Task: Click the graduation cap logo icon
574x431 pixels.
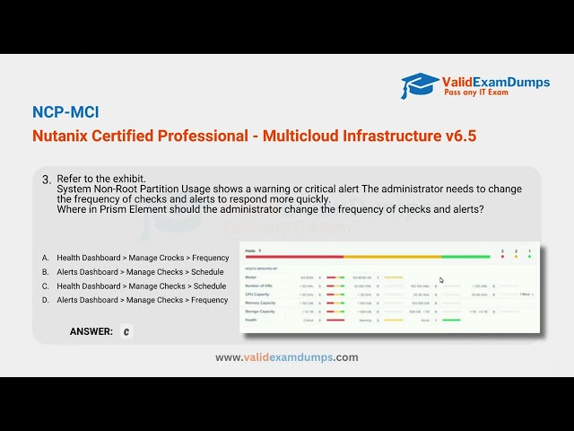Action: (420, 86)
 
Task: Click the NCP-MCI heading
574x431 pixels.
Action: (65, 112)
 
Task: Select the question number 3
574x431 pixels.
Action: (47, 180)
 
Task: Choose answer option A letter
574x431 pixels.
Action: (45, 258)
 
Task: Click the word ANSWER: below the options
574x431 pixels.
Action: (91, 331)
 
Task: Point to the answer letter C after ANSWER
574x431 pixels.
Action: (126, 331)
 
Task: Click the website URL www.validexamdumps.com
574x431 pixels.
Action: (287, 357)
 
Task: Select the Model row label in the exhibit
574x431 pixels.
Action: (250, 277)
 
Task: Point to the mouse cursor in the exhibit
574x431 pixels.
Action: (441, 280)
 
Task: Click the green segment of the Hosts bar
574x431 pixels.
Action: (490, 257)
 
